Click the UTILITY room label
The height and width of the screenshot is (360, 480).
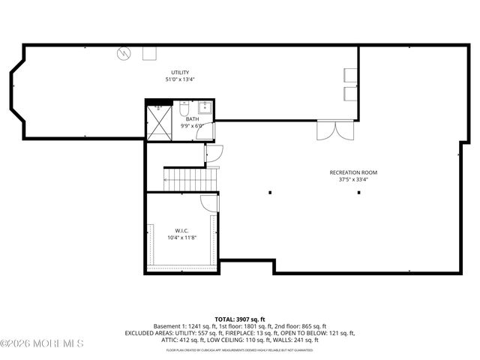(179, 72)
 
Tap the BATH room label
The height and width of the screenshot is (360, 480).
(193, 119)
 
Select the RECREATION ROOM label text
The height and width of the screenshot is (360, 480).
(349, 172)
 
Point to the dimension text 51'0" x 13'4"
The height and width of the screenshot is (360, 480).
(180, 79)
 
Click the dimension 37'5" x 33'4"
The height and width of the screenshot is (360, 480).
(349, 179)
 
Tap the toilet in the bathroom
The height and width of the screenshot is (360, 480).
(184, 110)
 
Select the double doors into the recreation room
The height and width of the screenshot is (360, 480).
(331, 131)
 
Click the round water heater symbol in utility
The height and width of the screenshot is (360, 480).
(124, 53)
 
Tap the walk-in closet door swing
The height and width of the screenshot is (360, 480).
(210, 202)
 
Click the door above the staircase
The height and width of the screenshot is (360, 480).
(211, 152)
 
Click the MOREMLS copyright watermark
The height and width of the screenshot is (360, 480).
(43, 343)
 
